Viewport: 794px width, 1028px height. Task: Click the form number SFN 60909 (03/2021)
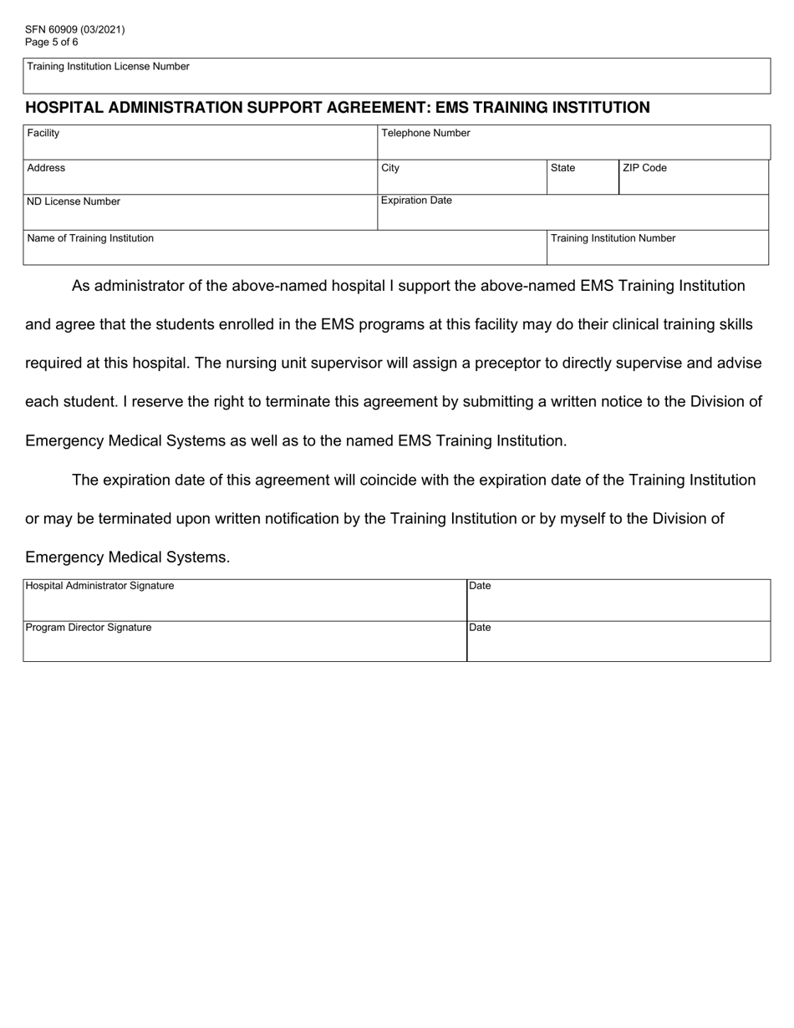coord(75,29)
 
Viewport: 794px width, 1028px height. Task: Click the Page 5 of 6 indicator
coord(52,42)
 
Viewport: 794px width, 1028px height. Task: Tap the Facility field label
coord(43,133)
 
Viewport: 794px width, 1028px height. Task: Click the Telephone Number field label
coord(426,133)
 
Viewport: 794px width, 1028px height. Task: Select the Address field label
coord(46,168)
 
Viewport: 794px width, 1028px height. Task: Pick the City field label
coord(390,168)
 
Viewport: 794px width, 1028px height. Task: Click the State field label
coord(562,168)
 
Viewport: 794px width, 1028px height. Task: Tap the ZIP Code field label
coord(644,168)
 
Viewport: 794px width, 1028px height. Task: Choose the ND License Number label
coord(74,201)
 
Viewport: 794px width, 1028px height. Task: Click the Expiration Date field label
coord(416,201)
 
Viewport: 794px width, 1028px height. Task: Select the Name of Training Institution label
coord(90,238)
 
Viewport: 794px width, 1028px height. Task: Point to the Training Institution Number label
coord(613,238)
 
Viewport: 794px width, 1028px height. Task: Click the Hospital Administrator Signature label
coord(100,586)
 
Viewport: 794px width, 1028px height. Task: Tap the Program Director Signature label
coord(89,628)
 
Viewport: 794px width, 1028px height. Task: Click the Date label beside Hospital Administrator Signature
coord(480,586)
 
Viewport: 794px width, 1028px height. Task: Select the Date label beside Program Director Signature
coord(480,628)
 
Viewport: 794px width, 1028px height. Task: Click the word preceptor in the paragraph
coord(497,364)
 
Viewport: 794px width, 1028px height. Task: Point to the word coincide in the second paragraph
coord(436,481)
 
